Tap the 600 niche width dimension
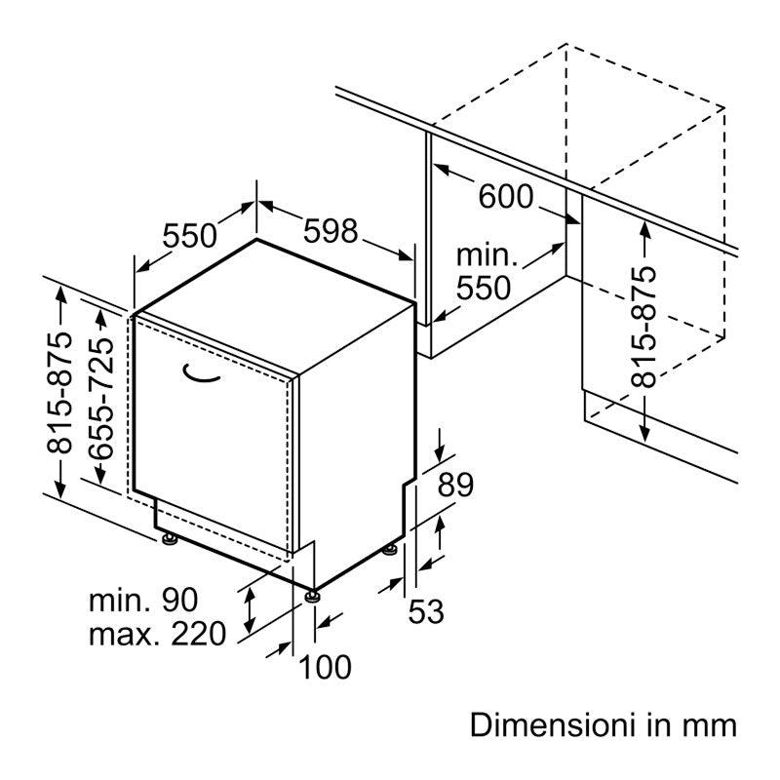tap(505, 196)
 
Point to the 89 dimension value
tap(455, 485)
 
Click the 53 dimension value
tap(426, 611)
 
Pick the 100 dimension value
tap(325, 667)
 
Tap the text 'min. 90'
tap(143, 600)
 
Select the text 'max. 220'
tap(157, 634)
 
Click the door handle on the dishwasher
tap(201, 373)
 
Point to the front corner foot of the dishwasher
tap(313, 596)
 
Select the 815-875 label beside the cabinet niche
tap(643, 328)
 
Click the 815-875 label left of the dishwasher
tap(59, 393)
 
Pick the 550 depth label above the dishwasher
tap(189, 235)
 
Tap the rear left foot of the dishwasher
tap(170, 539)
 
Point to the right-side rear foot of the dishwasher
tap(389, 550)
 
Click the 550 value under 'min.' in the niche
tap(484, 288)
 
